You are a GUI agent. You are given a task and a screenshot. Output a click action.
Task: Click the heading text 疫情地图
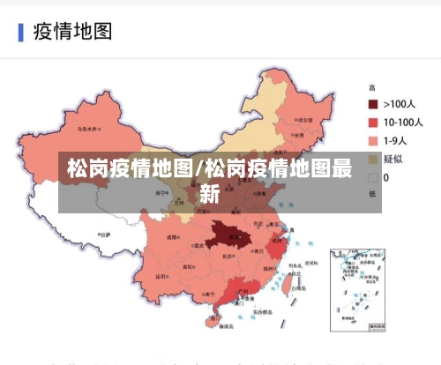[x=72, y=32]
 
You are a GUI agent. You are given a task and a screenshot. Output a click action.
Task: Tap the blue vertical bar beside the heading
[x=20, y=33]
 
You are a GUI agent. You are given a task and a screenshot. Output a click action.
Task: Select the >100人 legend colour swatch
[x=373, y=103]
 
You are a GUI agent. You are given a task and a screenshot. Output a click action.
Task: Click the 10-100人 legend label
[x=403, y=122]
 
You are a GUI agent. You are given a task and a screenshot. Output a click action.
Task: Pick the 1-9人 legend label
[x=398, y=140]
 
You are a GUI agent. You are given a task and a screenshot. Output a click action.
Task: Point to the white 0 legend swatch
[x=373, y=177]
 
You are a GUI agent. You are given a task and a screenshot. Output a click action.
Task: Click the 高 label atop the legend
[x=372, y=87]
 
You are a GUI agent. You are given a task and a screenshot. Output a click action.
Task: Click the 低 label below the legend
[x=372, y=193]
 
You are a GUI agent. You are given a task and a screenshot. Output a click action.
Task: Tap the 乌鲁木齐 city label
[x=88, y=129]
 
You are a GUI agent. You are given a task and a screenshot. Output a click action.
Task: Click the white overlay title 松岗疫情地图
[x=132, y=168]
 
